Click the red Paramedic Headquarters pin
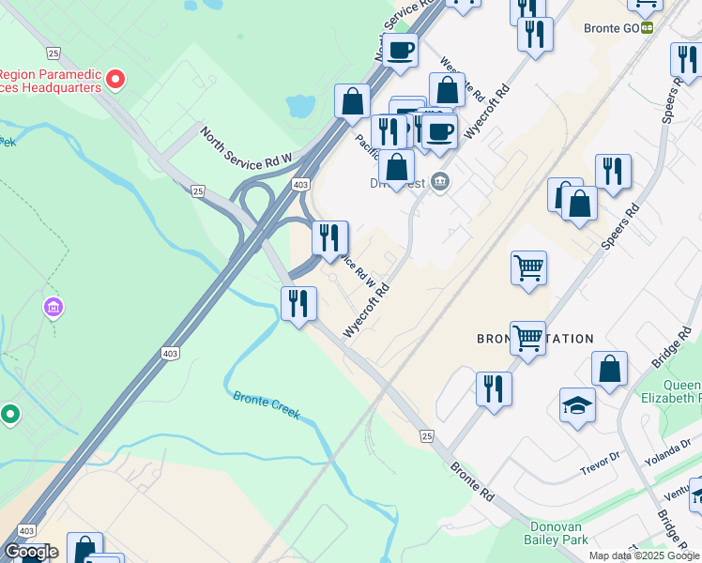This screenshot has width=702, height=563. coord(115,80)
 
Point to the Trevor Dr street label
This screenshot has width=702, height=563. coord(601,459)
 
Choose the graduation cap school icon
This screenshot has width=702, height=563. coord(577,405)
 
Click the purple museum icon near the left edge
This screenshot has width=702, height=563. coord(53,307)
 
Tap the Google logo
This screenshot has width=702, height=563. coord(31,552)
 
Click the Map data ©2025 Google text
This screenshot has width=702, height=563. coord(644,555)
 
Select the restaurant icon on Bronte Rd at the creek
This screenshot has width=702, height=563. coord(299,303)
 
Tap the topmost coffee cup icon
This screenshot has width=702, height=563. coord(400,50)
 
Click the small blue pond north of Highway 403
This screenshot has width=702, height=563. coord(301,106)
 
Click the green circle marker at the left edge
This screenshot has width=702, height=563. coord(10,413)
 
